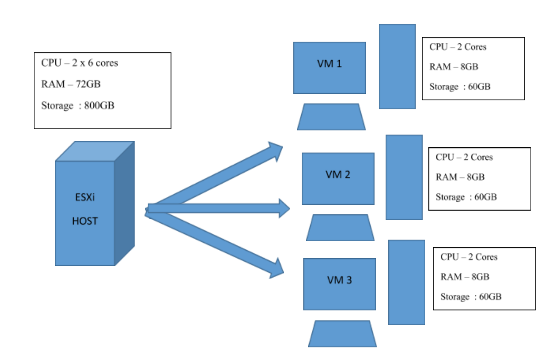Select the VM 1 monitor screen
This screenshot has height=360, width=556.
pyautogui.click(x=330, y=68)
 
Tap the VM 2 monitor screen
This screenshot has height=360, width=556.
pyautogui.click(x=338, y=178)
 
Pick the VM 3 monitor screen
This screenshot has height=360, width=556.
pyautogui.click(x=340, y=284)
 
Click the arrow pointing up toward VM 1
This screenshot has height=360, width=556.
pyautogui.click(x=222, y=174)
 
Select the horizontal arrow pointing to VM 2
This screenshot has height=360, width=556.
pyautogui.click(x=222, y=209)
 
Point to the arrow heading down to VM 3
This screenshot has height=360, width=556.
pyautogui.click(x=222, y=243)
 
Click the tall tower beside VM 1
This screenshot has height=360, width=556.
pyautogui.click(x=397, y=67)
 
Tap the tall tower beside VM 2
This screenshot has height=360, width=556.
pyautogui.click(x=404, y=177)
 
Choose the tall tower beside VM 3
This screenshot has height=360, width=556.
pyautogui.click(x=407, y=282)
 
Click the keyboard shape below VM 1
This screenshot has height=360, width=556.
pyautogui.click(x=331, y=117)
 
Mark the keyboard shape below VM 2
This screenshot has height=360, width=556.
pyautogui.click(x=340, y=228)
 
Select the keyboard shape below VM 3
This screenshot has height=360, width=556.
pyautogui.click(x=342, y=334)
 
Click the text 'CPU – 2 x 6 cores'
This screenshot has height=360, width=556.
pyautogui.click(x=80, y=63)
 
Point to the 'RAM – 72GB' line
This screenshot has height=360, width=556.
pyautogui.click(x=71, y=84)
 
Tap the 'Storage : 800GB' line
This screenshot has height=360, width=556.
pyautogui.click(x=78, y=106)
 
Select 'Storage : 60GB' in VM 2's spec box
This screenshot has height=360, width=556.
pyautogui.click(x=466, y=197)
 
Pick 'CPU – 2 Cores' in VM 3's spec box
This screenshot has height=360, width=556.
pyautogui.click(x=469, y=257)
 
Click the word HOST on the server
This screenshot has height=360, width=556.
pyautogui.click(x=85, y=221)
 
